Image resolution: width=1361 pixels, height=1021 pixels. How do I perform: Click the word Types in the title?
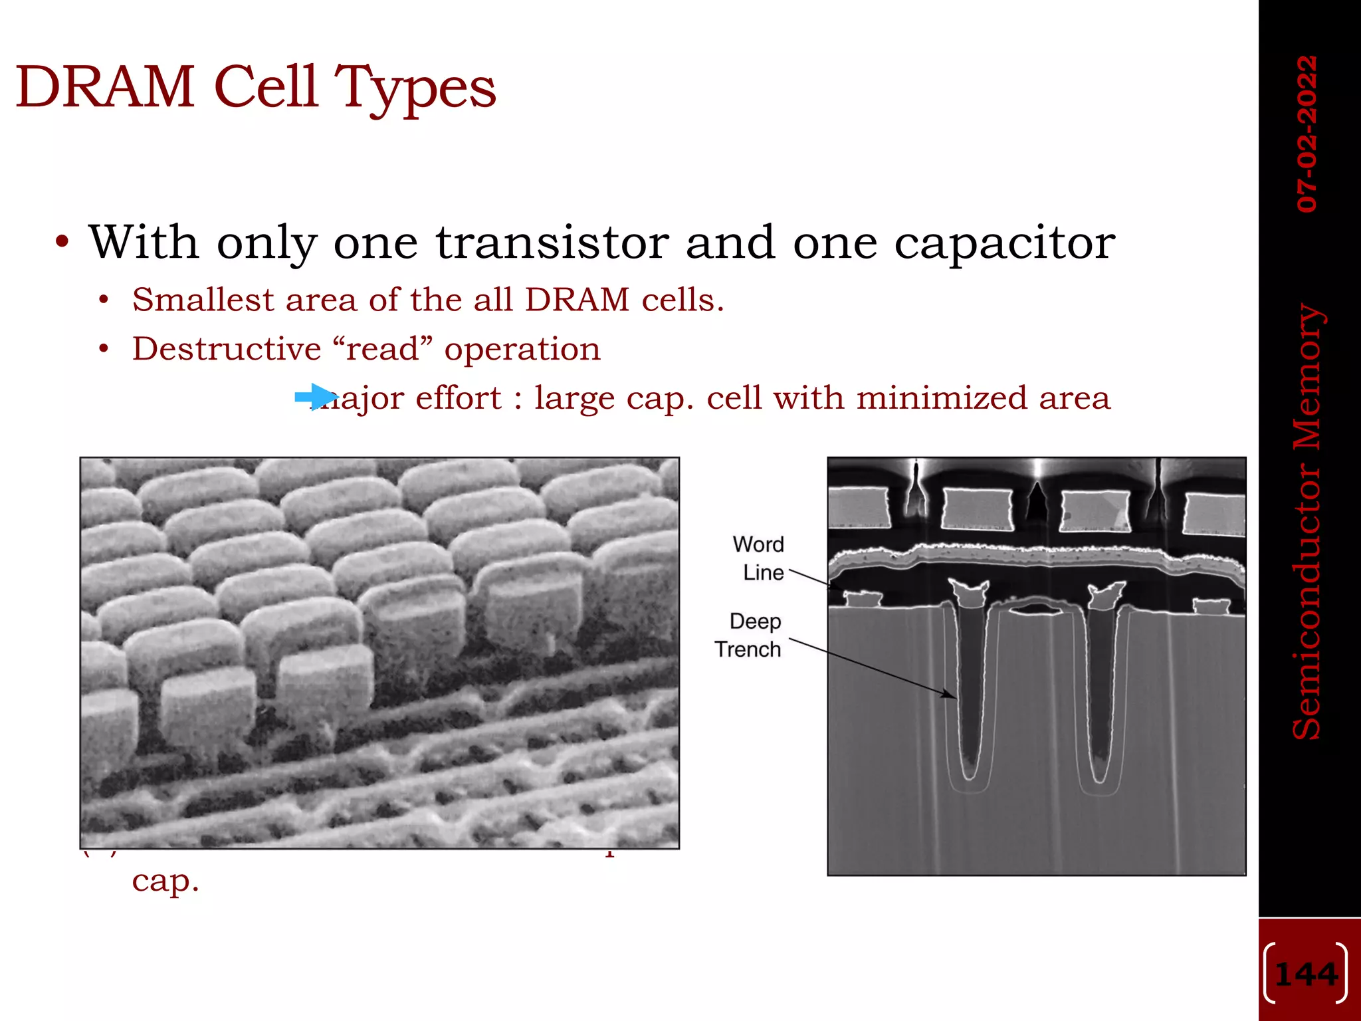tap(415, 88)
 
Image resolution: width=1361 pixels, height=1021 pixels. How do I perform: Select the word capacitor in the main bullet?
tap(1003, 243)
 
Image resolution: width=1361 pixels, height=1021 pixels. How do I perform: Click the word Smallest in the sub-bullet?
tap(203, 299)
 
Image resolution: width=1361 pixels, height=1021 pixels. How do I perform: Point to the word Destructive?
tap(227, 348)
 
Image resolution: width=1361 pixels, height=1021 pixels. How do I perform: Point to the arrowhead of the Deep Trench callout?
tap(952, 695)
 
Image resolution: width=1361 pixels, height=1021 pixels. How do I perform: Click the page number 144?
tap(1307, 974)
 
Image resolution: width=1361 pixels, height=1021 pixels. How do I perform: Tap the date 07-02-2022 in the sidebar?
tap(1307, 133)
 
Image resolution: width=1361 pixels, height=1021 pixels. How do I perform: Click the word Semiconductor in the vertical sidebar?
tap(1307, 598)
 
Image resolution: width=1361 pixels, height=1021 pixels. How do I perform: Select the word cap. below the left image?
tap(165, 881)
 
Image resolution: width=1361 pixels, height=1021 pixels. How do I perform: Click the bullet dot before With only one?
tap(62, 242)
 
